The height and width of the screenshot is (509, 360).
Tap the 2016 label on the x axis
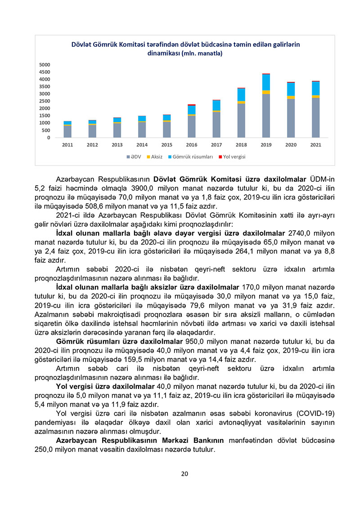click(192, 145)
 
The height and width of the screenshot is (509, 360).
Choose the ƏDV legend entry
click(135, 156)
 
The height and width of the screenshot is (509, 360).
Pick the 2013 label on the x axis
click(117, 145)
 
